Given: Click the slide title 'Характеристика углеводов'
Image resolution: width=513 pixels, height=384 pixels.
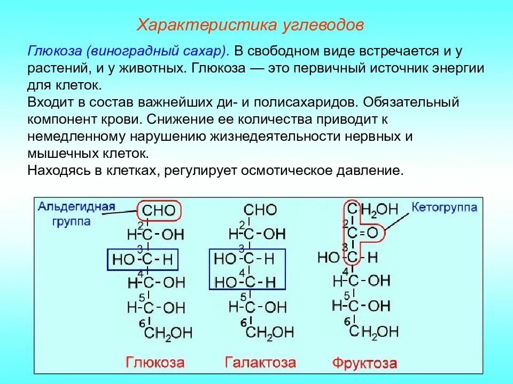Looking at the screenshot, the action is click(251, 25).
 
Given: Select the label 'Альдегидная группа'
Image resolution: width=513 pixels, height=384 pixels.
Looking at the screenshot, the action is click(76, 213).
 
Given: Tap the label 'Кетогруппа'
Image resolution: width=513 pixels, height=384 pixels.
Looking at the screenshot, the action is click(444, 207).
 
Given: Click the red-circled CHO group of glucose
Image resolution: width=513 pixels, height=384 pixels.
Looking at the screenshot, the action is click(159, 210).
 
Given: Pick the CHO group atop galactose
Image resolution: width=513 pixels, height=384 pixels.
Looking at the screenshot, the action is click(260, 210).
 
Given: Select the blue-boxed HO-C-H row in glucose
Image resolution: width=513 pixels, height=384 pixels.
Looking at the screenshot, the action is click(142, 260).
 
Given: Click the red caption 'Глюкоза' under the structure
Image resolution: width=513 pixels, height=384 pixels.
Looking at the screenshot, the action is click(155, 363).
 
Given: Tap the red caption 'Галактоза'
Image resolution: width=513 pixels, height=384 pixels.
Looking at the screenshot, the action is click(260, 363).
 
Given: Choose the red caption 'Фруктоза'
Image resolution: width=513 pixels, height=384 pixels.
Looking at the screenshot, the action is click(364, 364).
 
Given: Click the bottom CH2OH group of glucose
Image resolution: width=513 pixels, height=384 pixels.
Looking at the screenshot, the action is click(168, 333).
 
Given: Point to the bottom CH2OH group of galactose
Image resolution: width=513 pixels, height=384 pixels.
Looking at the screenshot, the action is click(269, 333).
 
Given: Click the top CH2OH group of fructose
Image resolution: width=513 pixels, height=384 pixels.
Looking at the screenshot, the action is click(374, 209).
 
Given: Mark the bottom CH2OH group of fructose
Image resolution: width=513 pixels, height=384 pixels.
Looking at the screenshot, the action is click(374, 332).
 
